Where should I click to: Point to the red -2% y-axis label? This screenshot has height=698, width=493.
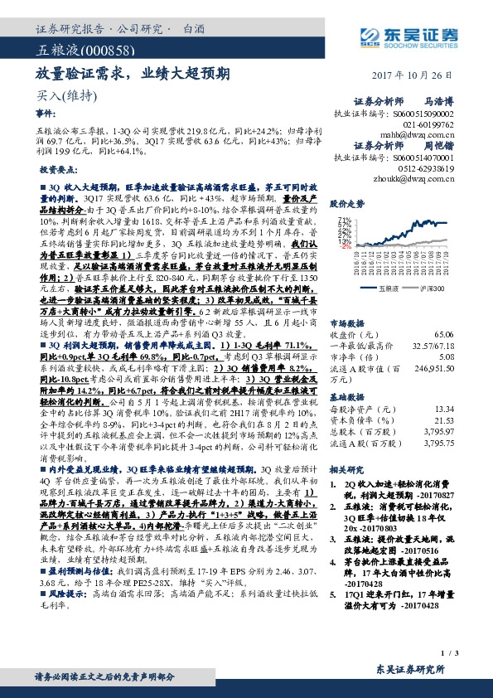pyautogui.click(x=344, y=246)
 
